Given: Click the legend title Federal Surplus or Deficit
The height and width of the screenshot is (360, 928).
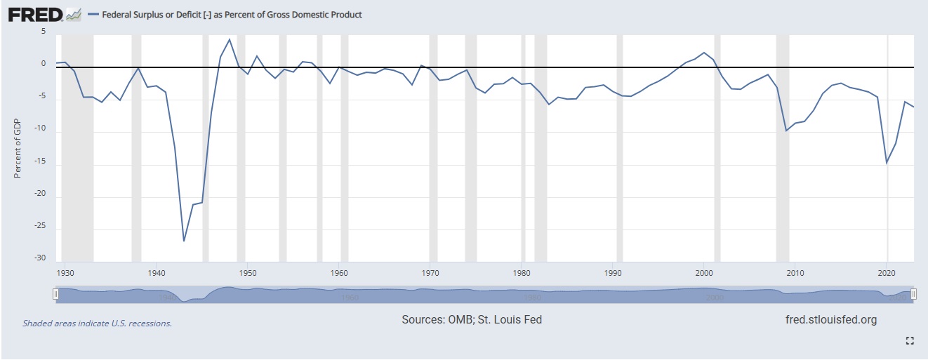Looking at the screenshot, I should tap(232, 15).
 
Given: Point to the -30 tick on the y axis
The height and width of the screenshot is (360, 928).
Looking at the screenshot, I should tap(40, 258).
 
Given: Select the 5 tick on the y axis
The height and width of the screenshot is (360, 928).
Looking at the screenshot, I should tap(43, 32).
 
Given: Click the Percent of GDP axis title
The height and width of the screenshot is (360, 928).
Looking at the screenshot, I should tap(18, 148).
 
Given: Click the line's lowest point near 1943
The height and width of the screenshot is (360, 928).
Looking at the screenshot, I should tap(184, 241).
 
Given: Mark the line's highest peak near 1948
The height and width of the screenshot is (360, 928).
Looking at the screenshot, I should tap(230, 39).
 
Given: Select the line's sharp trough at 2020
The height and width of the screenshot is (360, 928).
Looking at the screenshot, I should tap(887, 163).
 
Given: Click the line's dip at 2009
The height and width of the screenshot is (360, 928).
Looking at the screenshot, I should tap(787, 131).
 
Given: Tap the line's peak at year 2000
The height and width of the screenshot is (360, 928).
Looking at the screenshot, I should tap(704, 53).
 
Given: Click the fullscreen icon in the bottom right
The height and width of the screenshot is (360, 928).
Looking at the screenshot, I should tap(910, 341).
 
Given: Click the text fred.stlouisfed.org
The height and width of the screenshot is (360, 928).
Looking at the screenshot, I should tap(831, 320).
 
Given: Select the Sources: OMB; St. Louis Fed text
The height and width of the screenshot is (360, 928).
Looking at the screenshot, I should tap(472, 320).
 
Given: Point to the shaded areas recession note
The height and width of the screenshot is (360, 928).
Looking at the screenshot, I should tap(97, 324).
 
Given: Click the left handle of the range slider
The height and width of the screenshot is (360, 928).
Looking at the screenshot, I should tap(55, 295).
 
